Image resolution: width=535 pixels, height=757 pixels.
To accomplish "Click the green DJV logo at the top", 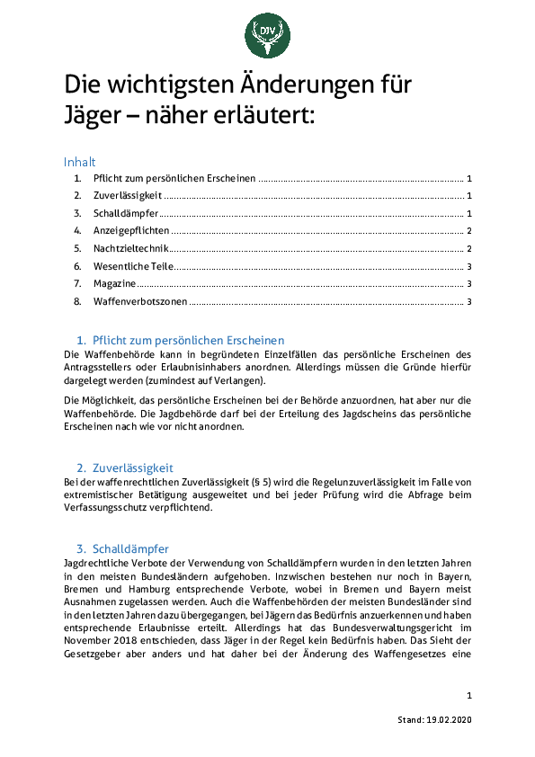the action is click(267, 34).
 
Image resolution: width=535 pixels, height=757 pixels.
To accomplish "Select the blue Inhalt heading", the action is click(79, 162).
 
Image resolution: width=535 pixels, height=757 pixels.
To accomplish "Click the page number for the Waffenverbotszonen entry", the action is click(469, 301).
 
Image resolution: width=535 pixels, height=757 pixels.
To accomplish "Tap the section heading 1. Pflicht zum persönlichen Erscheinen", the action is click(180, 341).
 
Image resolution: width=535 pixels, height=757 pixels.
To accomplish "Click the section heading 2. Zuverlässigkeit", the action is click(125, 468).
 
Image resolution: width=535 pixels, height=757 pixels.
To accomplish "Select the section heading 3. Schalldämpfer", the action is click(123, 548).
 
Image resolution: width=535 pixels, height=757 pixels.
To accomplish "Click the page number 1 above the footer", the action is click(469, 696).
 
